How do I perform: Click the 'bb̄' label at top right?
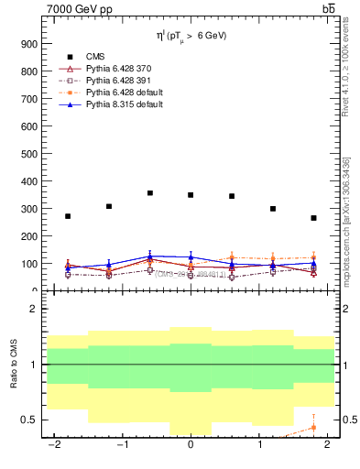(x=328, y=9)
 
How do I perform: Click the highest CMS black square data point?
(x=150, y=193)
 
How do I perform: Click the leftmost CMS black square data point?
(x=68, y=216)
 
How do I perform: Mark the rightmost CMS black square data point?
(x=313, y=218)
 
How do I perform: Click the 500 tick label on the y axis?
(x=28, y=154)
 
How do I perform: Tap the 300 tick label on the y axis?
(x=28, y=209)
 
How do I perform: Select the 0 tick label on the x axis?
(x=191, y=445)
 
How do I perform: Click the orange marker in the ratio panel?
(x=313, y=427)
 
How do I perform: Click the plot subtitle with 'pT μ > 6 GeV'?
(x=191, y=36)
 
